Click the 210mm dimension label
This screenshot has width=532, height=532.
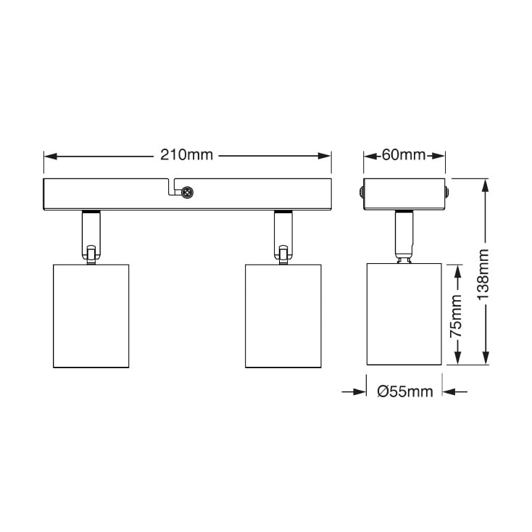click(x=187, y=155)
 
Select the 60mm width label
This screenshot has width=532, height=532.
click(x=403, y=155)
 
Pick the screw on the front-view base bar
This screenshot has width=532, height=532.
click(x=186, y=193)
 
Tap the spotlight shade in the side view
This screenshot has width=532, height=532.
click(x=404, y=315)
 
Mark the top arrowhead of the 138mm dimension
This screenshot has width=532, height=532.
click(x=484, y=185)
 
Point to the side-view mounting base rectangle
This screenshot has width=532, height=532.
click(x=404, y=194)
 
